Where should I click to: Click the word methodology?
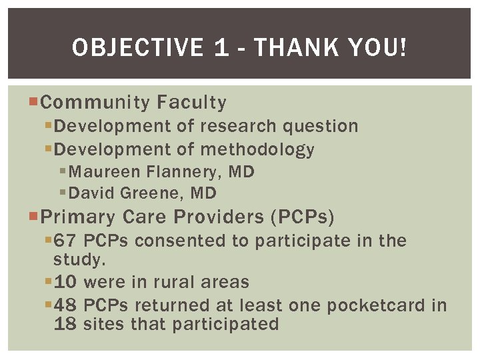click(257, 150)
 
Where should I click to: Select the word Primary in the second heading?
click(78, 217)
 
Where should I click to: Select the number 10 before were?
click(66, 282)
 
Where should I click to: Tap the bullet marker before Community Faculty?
click(35, 103)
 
